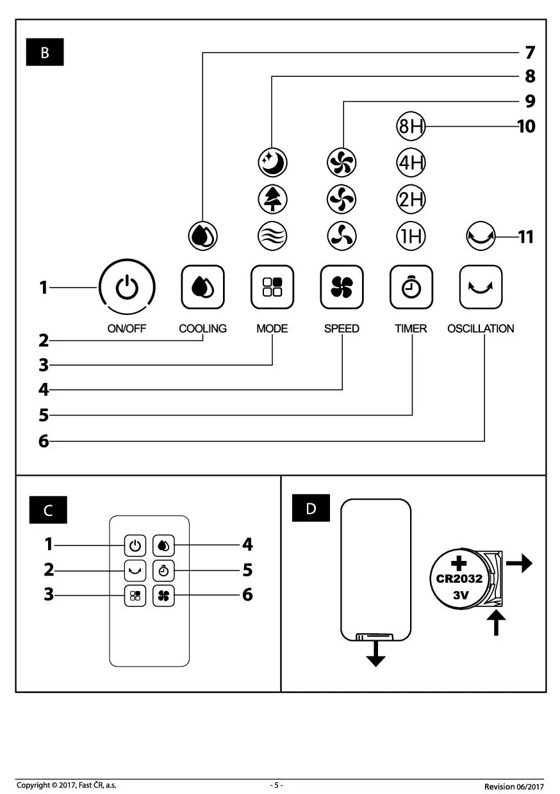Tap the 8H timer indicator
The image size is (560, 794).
point(411,127)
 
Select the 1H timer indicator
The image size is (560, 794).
point(411,237)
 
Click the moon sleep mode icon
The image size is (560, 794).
point(273,163)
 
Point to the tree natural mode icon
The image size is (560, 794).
point(273,199)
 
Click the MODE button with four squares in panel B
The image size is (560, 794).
point(272,287)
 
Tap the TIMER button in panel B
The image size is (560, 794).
point(411,287)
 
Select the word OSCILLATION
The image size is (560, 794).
point(481,328)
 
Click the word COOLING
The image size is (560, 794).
point(202,328)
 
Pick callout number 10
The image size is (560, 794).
point(526,127)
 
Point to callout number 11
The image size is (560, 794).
point(525,237)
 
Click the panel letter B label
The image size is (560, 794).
point(45,53)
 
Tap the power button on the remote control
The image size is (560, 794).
point(135,546)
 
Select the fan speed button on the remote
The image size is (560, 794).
point(163,595)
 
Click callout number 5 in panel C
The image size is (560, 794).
point(247,570)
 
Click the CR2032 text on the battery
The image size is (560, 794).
point(460,579)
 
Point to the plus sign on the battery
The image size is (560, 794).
point(459,563)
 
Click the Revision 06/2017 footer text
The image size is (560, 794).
point(514,786)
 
